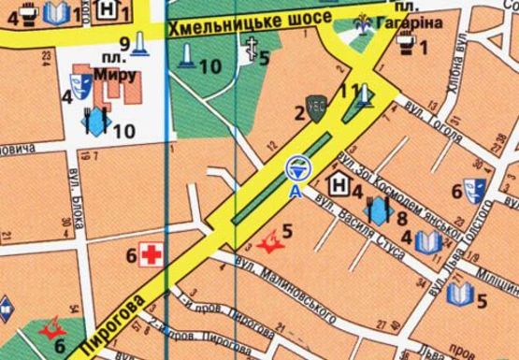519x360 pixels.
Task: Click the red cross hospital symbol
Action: click(150, 252)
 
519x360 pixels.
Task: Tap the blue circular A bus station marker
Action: click(296, 169)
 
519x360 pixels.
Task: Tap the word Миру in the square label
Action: click(116, 75)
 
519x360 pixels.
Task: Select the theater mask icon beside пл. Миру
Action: click(82, 89)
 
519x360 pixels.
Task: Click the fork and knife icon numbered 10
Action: click(97, 121)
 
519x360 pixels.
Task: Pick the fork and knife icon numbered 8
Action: click(379, 211)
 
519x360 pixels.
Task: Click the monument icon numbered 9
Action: click(140, 44)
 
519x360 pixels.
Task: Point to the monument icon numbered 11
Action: click(364, 94)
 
